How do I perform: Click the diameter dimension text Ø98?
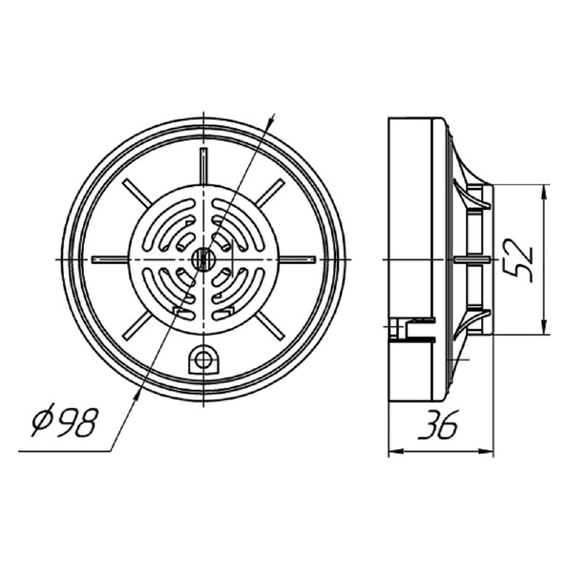point(65,420)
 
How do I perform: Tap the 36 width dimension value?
point(438,424)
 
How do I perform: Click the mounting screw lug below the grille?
point(204,360)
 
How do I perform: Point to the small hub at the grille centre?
point(204,259)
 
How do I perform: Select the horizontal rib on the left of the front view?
point(110,259)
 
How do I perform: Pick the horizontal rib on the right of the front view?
point(297,259)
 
